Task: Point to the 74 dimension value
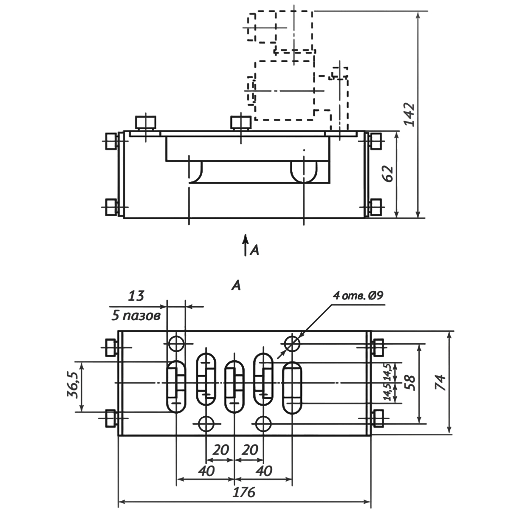[441, 382]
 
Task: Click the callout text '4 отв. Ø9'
[358, 296]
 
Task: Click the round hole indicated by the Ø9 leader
[292, 343]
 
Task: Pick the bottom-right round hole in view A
[264, 423]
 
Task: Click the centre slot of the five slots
[234, 386]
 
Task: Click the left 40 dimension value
[205, 470]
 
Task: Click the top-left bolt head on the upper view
[145, 123]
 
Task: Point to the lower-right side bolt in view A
[377, 418]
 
